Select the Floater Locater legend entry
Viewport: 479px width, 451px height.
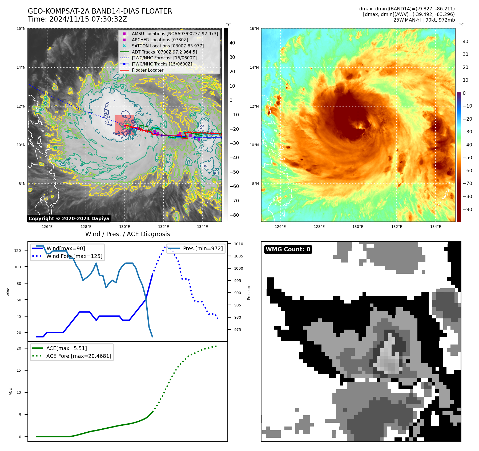(147, 70)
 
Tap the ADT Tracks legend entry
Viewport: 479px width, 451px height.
(164, 52)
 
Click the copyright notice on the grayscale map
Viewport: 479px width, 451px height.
(69, 219)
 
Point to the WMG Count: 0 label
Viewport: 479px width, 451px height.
(288, 249)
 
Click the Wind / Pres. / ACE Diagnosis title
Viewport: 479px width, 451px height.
(127, 234)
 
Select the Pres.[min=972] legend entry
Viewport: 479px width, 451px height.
(203, 248)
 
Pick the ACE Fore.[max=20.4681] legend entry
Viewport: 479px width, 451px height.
(79, 356)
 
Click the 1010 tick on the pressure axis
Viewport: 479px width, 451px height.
(239, 244)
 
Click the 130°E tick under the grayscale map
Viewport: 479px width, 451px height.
(124, 227)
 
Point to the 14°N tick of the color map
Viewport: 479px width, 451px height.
(254, 67)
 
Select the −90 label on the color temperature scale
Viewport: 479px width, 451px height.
(467, 210)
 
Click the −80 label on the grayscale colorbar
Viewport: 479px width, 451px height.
(234, 215)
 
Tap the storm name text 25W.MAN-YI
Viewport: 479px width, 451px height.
(406, 20)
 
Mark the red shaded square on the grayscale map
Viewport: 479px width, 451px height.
(124, 124)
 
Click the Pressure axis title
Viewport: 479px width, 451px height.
(249, 292)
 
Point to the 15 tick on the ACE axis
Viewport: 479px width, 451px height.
(19, 370)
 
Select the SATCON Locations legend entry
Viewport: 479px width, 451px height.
(167, 46)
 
